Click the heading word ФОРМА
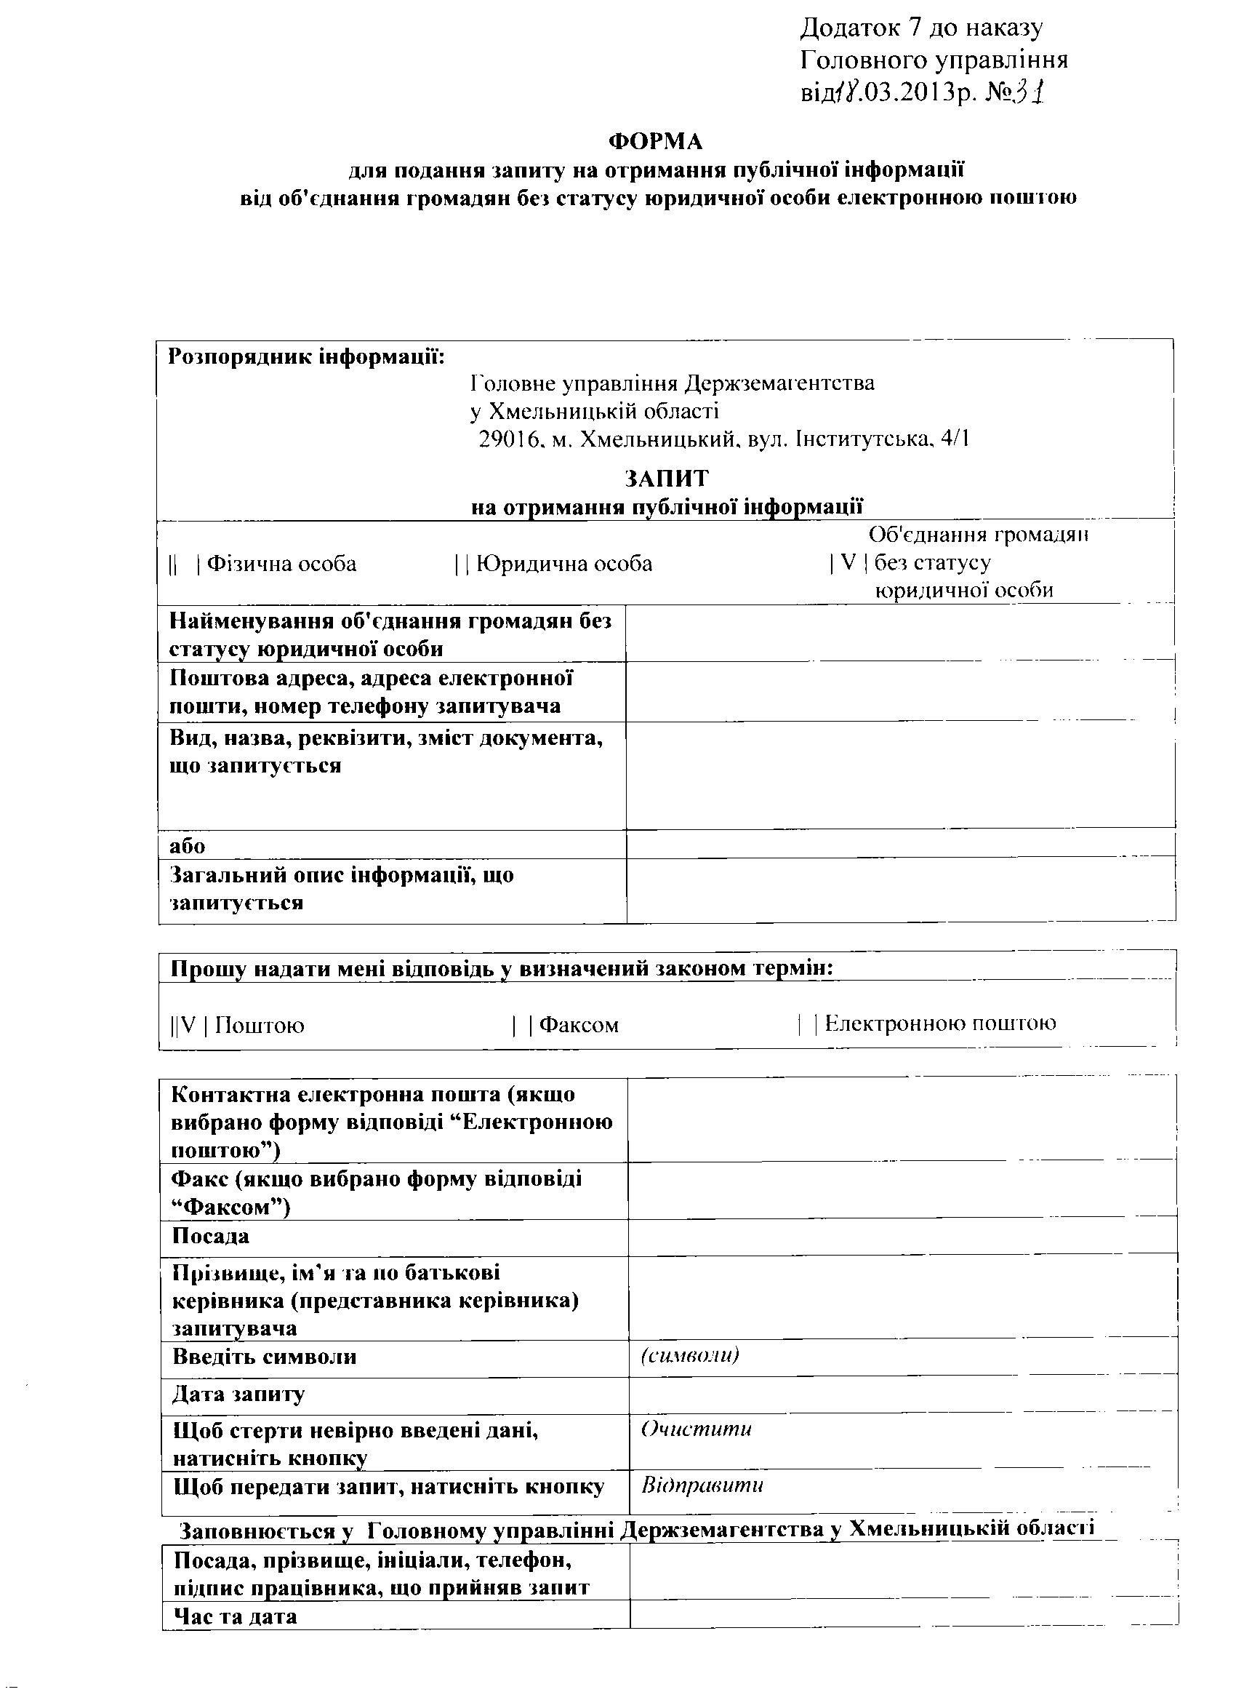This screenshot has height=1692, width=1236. click(655, 140)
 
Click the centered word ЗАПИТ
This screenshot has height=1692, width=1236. click(667, 478)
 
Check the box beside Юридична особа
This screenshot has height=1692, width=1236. click(461, 564)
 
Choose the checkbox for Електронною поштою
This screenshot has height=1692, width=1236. click(807, 1023)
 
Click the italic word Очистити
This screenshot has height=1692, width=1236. click(696, 1429)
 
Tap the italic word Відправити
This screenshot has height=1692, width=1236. click(702, 1485)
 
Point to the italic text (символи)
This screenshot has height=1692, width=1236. click(690, 1355)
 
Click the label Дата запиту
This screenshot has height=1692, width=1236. click(238, 1394)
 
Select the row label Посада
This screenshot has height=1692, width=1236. click(210, 1236)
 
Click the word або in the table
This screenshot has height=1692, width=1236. click(187, 845)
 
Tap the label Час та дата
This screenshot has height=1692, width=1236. click(235, 1616)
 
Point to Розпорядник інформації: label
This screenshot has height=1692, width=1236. click(306, 356)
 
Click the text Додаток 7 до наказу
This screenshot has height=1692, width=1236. click(922, 28)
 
